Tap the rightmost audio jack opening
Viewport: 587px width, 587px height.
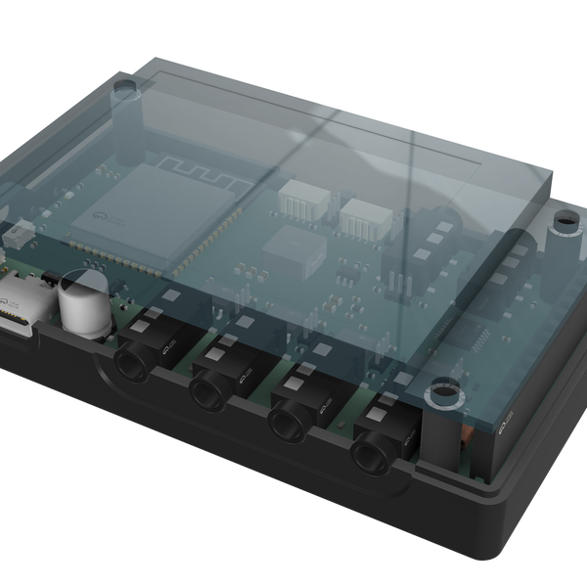[x=372, y=452]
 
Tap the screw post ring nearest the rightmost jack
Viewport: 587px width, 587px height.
[x=443, y=394]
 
